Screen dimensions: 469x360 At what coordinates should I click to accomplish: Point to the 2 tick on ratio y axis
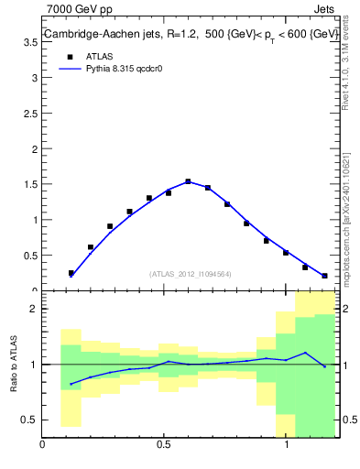pyautogui.click(x=34, y=309)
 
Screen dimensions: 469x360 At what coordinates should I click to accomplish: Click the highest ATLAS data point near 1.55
pyautogui.click(x=188, y=181)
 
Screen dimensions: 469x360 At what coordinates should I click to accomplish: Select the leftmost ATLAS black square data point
pyautogui.click(x=71, y=273)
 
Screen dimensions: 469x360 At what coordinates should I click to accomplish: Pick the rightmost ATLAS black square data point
pyautogui.click(x=324, y=276)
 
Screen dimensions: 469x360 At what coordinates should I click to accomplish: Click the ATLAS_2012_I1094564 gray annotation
pyautogui.click(x=191, y=274)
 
